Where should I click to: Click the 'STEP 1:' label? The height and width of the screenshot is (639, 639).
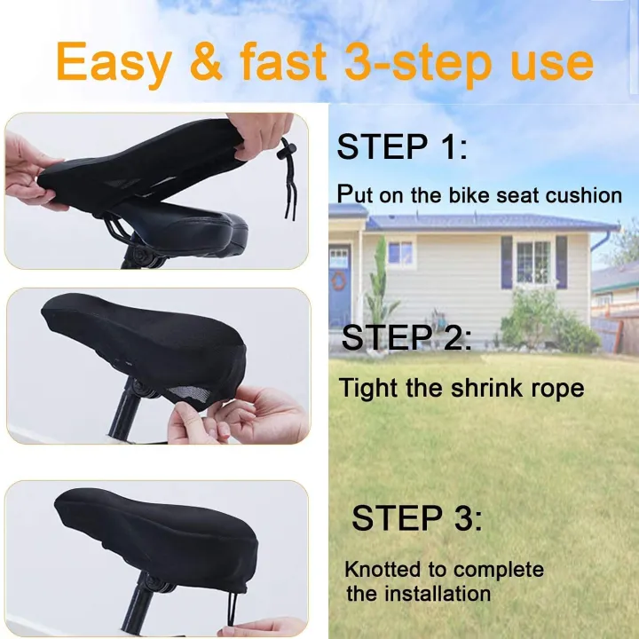pos(400,146)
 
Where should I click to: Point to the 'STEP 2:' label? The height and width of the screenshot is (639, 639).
pos(406,337)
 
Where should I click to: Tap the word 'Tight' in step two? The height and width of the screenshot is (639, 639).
pos(366,388)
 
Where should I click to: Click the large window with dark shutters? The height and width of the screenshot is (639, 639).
pos(533,263)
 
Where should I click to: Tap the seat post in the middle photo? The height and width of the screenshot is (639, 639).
pos(123,414)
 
